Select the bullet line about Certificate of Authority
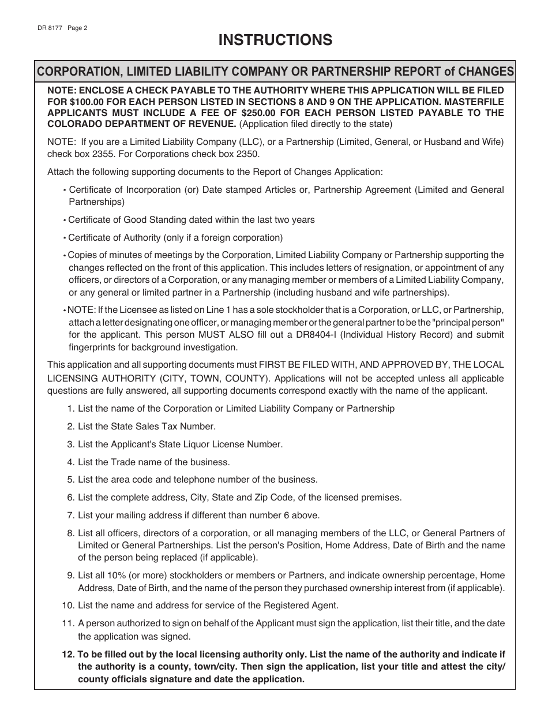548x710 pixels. coord(175,237)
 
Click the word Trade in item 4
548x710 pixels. coord(122,462)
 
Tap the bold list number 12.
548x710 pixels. coord(67,655)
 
